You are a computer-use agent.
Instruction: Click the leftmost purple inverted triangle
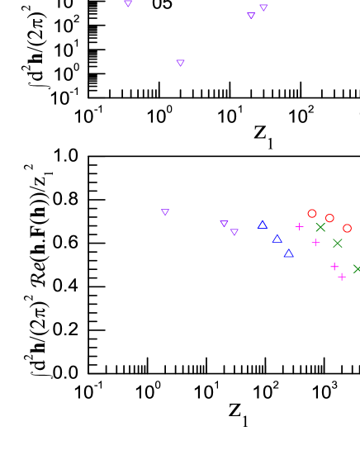click(128, 3)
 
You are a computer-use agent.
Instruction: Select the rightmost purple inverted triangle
click(263, 7)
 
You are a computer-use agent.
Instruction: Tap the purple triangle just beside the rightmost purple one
click(251, 16)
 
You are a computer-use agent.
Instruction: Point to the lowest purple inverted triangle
click(234, 232)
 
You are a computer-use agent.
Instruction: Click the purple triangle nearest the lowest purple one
click(224, 223)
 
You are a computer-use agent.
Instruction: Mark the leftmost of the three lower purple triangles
click(165, 212)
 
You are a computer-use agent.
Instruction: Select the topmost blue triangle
click(263, 225)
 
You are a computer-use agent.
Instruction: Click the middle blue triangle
click(277, 239)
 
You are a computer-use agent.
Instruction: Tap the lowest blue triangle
click(288, 253)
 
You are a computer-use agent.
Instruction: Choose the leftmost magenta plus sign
click(300, 226)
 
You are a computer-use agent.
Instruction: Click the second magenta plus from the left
click(315, 242)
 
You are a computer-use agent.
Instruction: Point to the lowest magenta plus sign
click(342, 277)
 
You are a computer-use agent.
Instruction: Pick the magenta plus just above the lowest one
click(334, 267)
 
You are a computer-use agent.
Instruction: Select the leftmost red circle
click(312, 213)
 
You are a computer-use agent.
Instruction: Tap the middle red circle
click(329, 218)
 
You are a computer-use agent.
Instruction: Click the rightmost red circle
click(347, 228)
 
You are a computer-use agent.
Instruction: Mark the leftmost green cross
click(320, 227)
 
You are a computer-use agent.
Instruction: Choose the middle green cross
click(338, 243)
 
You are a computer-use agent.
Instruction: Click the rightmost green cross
click(357, 268)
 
